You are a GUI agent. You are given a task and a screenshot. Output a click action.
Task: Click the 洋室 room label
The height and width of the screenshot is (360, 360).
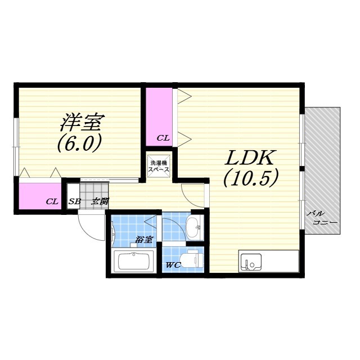pos(83,123)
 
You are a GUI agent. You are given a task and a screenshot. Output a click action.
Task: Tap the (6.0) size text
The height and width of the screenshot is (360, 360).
pos(79,142)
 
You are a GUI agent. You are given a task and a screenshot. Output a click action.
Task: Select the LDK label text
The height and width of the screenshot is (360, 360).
pos(250,157)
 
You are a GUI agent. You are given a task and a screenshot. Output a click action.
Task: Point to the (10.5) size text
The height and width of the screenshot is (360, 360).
pos(251,178)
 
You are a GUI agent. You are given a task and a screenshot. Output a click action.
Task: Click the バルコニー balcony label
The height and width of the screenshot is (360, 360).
pos(322,218)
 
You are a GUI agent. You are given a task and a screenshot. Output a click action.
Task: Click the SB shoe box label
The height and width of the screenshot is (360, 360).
pos(75,201)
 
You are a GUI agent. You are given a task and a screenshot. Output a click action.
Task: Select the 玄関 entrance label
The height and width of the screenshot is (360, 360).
pos(100,201)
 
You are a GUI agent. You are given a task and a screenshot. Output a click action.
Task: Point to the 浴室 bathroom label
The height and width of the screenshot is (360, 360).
pos(144,240)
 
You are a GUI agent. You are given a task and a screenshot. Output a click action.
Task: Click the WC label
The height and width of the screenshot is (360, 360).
pos(173,265)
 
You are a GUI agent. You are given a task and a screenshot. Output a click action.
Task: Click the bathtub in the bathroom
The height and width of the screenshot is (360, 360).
pos(134,262)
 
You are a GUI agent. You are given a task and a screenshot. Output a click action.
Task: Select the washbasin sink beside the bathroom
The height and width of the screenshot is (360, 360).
pos(193,228)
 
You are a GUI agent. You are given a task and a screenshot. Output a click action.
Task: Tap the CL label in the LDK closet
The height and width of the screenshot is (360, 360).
pos(163,138)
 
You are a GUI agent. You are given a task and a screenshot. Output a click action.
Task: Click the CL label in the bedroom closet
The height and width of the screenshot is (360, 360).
pos(52,201)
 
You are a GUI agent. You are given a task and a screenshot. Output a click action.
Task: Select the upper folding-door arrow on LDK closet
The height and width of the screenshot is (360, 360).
pos(184,96)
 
